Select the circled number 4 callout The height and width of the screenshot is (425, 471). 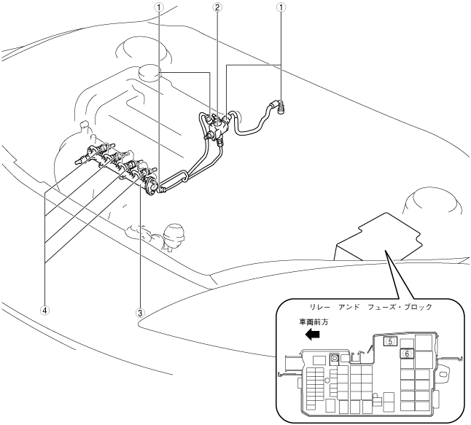(45, 310)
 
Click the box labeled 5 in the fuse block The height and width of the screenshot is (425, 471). (390, 340)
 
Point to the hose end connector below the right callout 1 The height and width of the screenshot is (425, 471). (279, 106)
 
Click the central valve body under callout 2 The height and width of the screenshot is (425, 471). (217, 129)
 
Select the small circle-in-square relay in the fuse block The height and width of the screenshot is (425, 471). (335, 359)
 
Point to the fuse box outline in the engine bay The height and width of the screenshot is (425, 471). (377, 236)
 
